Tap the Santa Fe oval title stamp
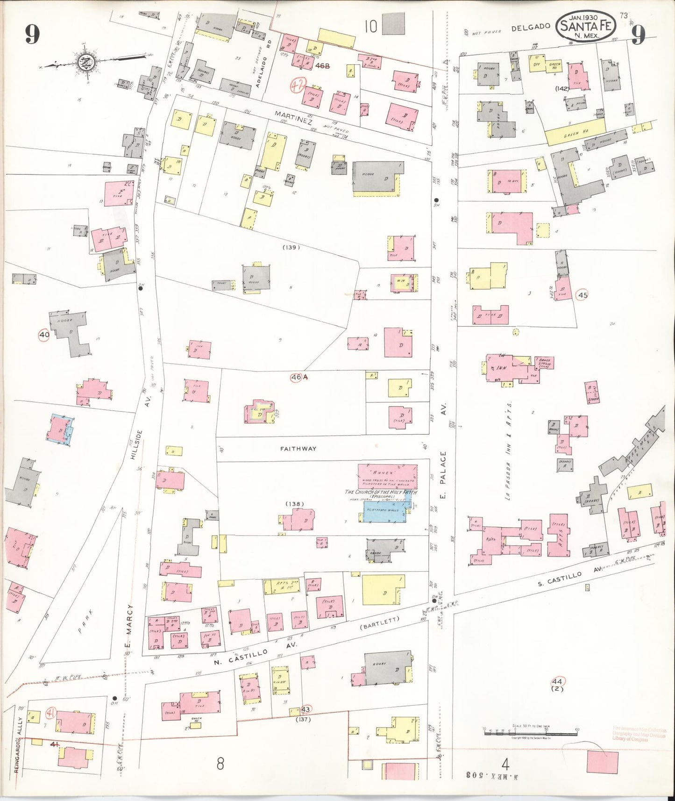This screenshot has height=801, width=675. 586,26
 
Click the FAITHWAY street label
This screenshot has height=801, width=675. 298,449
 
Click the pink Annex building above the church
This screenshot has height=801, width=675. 387,476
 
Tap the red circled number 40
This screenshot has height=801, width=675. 44,335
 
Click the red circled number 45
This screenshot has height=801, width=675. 582,295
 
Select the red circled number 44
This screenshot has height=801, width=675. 557,681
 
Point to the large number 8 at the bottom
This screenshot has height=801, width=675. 220,764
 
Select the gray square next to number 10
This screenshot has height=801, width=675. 393,24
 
